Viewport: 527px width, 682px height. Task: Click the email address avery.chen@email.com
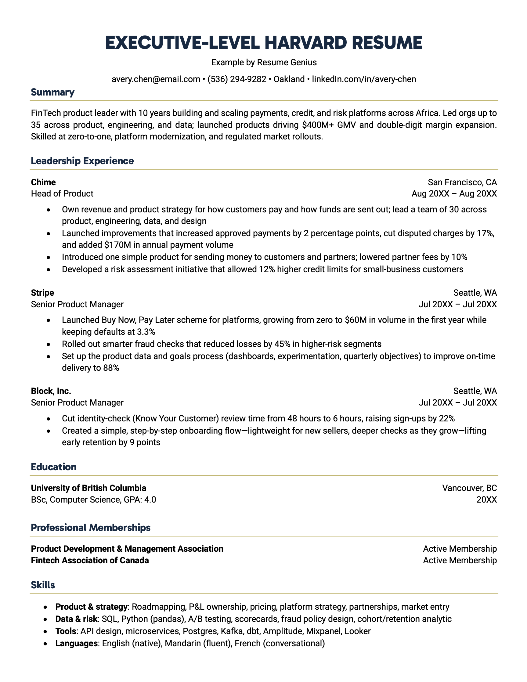[x=156, y=79]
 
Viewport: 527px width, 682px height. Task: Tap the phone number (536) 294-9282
[x=237, y=79]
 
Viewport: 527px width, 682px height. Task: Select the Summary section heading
[x=52, y=92]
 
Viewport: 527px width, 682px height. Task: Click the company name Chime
[x=43, y=182]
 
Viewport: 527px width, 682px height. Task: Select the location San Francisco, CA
[x=462, y=182]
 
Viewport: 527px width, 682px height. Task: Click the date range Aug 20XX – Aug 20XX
[x=454, y=194]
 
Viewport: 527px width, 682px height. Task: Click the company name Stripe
[x=42, y=293]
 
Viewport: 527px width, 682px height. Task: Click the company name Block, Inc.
[x=51, y=391]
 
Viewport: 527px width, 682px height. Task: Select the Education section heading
[x=54, y=467]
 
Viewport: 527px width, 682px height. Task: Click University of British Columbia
[x=88, y=488]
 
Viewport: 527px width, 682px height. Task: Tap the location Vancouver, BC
[x=469, y=488]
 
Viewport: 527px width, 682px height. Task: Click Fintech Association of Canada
[x=90, y=561]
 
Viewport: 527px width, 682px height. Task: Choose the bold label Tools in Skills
[x=66, y=631]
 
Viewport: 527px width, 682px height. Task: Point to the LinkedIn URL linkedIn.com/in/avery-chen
[x=364, y=79]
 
